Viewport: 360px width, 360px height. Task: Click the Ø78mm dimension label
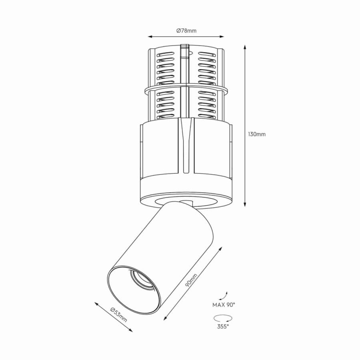[x=186, y=30]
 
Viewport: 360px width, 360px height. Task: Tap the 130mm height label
[x=257, y=134]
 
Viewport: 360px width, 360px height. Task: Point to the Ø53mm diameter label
[x=119, y=314]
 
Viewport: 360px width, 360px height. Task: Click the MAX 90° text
[x=224, y=305]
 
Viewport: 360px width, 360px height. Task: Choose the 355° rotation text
[x=223, y=326]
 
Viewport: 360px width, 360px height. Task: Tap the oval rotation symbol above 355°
[x=223, y=318]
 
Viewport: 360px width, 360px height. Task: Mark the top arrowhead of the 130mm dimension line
[x=245, y=47]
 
